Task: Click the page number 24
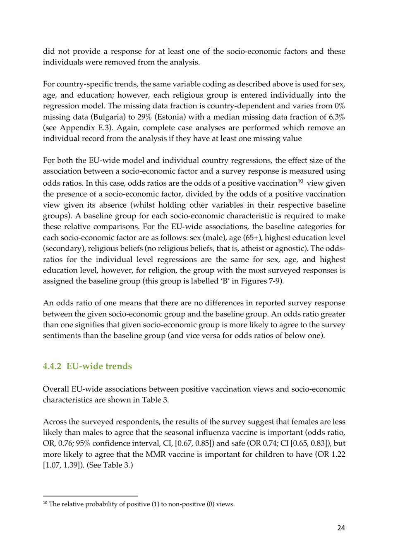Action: [x=340, y=527]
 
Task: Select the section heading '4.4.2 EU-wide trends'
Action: [x=87, y=366]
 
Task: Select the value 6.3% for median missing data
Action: [x=337, y=117]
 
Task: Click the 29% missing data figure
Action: [x=145, y=117]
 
